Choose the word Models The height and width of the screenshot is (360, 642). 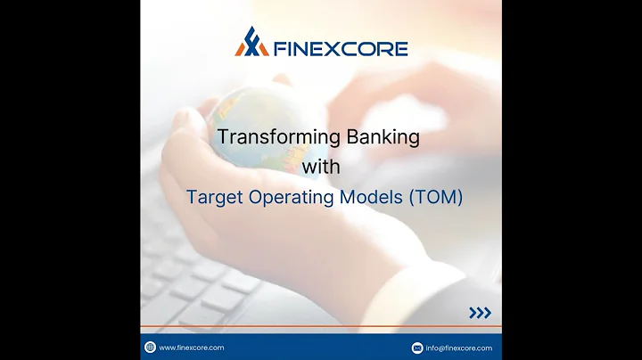click(x=370, y=197)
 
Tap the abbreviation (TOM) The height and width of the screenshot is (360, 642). click(x=436, y=197)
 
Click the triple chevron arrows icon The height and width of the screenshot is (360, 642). click(x=480, y=313)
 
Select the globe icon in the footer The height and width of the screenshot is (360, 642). click(x=150, y=348)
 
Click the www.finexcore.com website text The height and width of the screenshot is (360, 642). click(x=191, y=348)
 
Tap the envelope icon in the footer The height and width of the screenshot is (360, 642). click(x=417, y=348)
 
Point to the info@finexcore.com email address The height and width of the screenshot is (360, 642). click(x=458, y=348)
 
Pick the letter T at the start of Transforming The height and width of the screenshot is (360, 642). click(x=224, y=137)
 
